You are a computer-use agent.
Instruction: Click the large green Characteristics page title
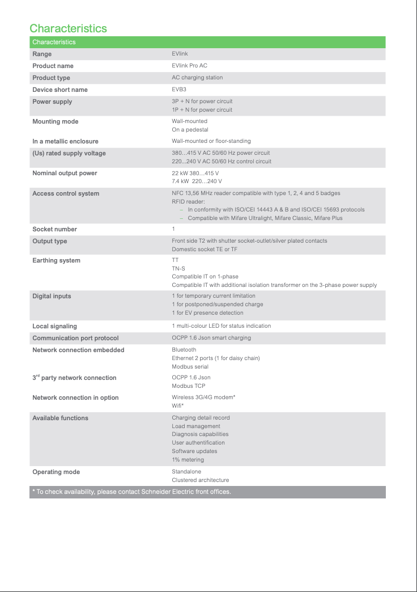point(68,28)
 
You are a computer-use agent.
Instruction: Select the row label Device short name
point(60,90)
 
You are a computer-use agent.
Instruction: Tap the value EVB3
point(179,90)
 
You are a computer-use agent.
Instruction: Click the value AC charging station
point(197,78)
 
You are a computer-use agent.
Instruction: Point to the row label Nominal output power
point(65,173)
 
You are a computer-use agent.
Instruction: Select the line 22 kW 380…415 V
point(195,173)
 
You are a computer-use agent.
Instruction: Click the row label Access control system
point(66,193)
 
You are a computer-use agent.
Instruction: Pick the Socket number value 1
point(173,229)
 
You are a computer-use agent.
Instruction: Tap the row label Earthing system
point(56,260)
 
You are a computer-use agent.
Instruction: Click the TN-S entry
point(179,268)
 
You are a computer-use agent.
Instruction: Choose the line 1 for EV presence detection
point(207,312)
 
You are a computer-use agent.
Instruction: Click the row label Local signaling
point(54,326)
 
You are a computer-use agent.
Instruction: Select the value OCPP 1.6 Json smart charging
point(211,338)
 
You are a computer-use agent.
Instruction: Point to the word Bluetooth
point(184,350)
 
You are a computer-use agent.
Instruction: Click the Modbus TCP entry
point(189,386)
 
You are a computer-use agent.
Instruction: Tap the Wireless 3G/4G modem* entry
point(203,398)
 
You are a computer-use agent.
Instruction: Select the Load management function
point(196,426)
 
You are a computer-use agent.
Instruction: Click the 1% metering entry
point(188,459)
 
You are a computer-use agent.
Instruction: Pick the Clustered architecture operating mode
point(201,480)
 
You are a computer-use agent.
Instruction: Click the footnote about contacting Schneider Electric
point(131,492)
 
